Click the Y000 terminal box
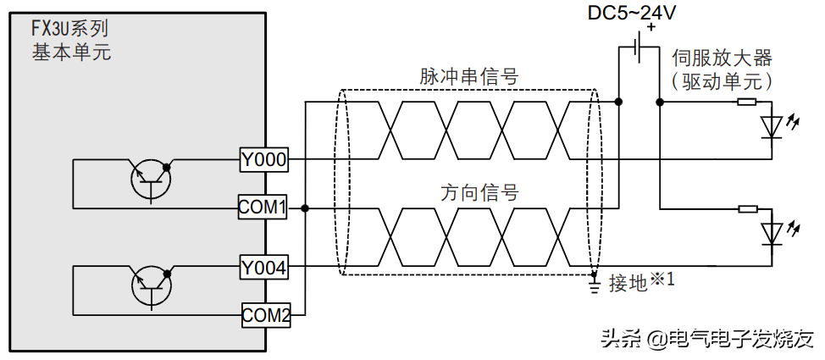click(264, 158)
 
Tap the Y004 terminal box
click(264, 268)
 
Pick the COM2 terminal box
click(266, 316)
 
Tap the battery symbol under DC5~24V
click(638, 50)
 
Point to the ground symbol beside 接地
click(594, 285)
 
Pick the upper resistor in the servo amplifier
click(746, 102)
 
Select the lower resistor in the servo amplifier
click(746, 208)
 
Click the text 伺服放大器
click(722, 58)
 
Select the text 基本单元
click(71, 53)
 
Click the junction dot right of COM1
click(304, 207)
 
